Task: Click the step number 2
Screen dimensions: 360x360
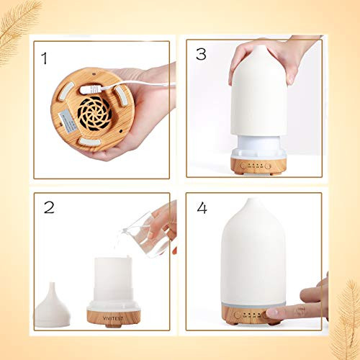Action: pyautogui.click(x=49, y=208)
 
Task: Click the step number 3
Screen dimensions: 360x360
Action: pyautogui.click(x=200, y=54)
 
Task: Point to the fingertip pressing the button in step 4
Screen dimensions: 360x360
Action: pyautogui.click(x=275, y=312)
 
